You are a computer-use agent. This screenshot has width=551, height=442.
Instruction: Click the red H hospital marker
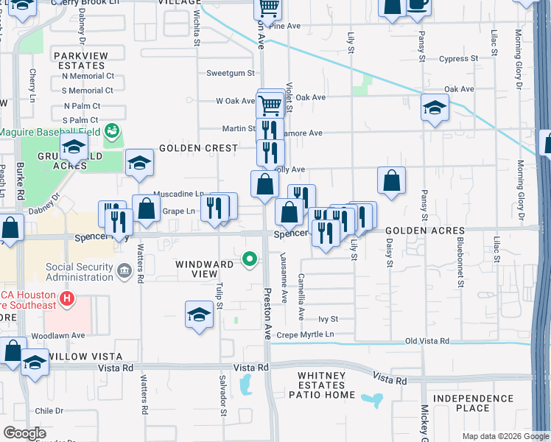tap(66, 299)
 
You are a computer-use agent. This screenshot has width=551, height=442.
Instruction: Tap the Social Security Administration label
tap(80, 272)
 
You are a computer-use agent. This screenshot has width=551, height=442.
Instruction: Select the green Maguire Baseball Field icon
tap(112, 131)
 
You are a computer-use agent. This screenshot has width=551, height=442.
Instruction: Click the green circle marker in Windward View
tap(250, 259)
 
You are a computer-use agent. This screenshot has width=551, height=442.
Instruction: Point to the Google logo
tap(25, 433)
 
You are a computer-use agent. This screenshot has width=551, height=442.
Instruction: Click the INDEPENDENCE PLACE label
tap(472, 403)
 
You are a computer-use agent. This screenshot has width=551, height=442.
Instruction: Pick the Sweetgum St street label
tap(230, 73)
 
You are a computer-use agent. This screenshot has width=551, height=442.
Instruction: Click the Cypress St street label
tap(458, 59)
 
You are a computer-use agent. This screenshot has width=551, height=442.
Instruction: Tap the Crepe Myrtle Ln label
tap(305, 335)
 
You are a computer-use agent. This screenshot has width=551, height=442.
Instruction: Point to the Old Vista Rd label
tap(427, 341)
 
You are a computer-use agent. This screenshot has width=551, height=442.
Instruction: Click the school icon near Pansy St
tap(435, 108)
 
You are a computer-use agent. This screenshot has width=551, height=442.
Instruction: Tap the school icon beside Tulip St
tap(199, 315)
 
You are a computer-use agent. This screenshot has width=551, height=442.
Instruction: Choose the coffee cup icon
tap(418, 4)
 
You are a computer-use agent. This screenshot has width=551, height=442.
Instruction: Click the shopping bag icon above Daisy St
tap(391, 180)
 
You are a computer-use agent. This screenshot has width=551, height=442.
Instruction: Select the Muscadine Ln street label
tap(178, 194)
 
